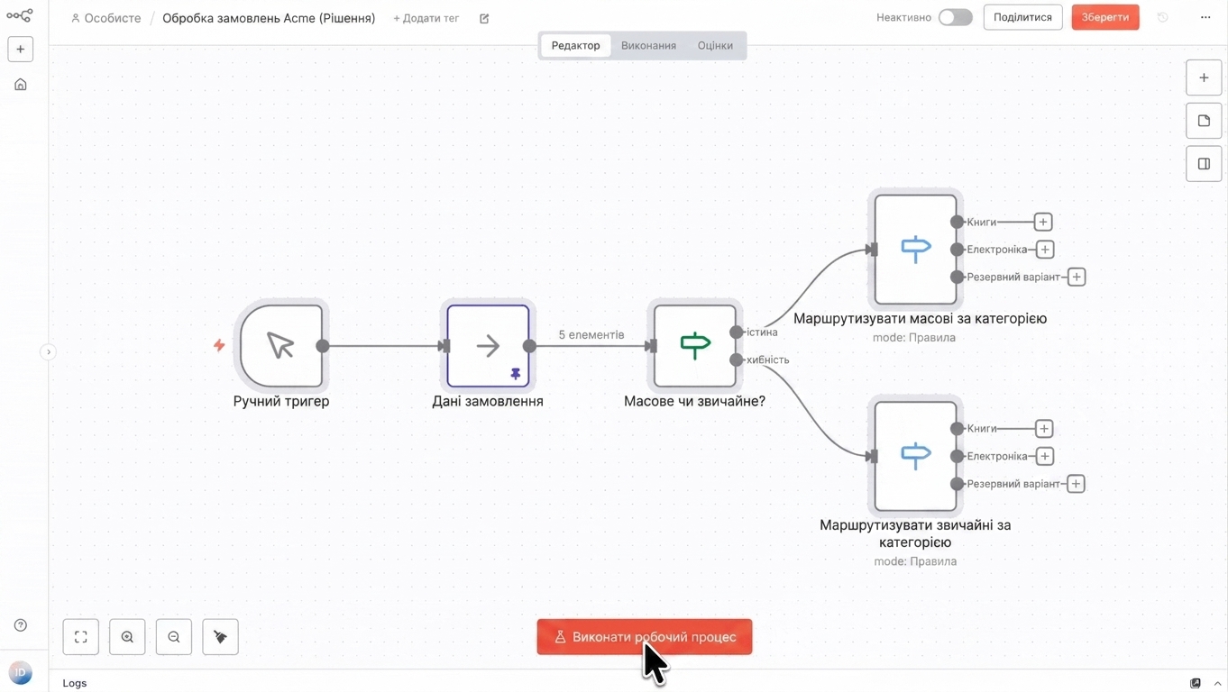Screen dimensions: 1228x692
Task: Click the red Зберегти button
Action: [x=1105, y=17]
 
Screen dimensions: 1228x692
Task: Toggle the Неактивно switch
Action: [x=955, y=17]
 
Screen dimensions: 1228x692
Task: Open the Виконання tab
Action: [x=648, y=45]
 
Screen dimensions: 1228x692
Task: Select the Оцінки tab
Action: [x=715, y=45]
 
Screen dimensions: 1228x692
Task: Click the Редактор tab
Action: [x=575, y=45]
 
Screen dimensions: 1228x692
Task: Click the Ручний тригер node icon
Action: [x=281, y=346]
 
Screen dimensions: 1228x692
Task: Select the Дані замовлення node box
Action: [x=488, y=346]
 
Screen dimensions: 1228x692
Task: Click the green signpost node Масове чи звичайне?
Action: [x=694, y=346]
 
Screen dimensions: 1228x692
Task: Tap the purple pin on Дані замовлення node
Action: [x=516, y=374]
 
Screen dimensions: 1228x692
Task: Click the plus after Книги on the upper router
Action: [x=1042, y=222]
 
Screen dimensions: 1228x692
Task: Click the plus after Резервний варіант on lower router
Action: [x=1076, y=484]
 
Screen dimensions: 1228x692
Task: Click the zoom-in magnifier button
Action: [x=127, y=637]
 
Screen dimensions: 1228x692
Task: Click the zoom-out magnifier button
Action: [x=174, y=637]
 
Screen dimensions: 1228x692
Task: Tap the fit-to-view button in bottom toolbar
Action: [x=80, y=637]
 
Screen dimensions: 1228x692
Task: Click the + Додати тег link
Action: [x=426, y=18]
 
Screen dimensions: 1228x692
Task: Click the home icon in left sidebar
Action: [x=20, y=85]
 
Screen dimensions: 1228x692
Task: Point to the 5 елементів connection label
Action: [x=591, y=335]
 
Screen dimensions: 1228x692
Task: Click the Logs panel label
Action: [x=75, y=683]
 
